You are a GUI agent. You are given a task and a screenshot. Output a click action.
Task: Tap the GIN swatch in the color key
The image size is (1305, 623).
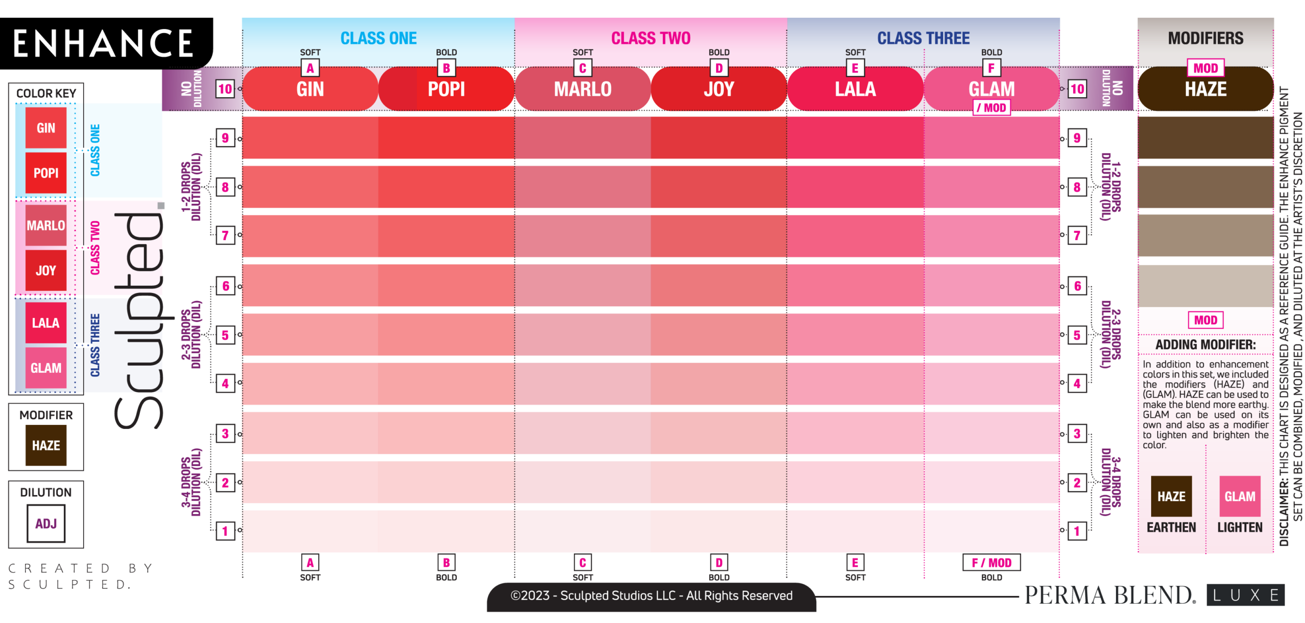(46, 128)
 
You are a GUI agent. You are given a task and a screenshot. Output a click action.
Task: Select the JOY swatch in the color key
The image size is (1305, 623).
(46, 270)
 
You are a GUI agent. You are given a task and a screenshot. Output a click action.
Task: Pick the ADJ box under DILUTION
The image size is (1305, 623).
(46, 523)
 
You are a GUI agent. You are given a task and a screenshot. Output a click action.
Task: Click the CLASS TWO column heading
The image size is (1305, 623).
(650, 38)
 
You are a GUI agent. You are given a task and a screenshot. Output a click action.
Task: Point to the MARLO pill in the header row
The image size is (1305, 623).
(583, 89)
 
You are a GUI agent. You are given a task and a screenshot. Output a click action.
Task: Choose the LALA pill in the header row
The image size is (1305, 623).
(855, 89)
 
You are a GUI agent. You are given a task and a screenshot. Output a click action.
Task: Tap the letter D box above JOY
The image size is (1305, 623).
(719, 68)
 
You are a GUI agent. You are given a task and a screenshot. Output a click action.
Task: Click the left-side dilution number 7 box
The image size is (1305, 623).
(225, 235)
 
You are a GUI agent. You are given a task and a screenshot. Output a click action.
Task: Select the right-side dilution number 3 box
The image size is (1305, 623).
(1077, 434)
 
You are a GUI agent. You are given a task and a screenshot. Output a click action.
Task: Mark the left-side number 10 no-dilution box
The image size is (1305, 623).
(225, 89)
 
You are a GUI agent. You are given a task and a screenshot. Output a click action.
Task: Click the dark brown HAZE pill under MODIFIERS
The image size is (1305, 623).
(1205, 89)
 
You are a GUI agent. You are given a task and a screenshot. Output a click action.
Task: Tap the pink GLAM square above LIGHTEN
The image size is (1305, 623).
(1240, 496)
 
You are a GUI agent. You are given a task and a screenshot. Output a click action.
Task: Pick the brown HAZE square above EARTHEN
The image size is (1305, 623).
(1171, 496)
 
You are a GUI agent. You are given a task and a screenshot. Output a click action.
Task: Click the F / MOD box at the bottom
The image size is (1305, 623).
(991, 562)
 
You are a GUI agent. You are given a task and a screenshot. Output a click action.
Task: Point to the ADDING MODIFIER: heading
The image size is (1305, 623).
(1205, 345)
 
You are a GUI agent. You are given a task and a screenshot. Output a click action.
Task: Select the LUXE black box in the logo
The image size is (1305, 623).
(1245, 595)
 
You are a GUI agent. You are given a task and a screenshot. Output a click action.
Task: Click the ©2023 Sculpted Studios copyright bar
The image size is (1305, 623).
(651, 596)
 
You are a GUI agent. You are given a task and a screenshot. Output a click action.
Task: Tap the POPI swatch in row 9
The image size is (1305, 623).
(446, 138)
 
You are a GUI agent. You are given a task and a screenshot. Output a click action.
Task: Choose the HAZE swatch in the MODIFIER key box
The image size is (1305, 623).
(46, 445)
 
